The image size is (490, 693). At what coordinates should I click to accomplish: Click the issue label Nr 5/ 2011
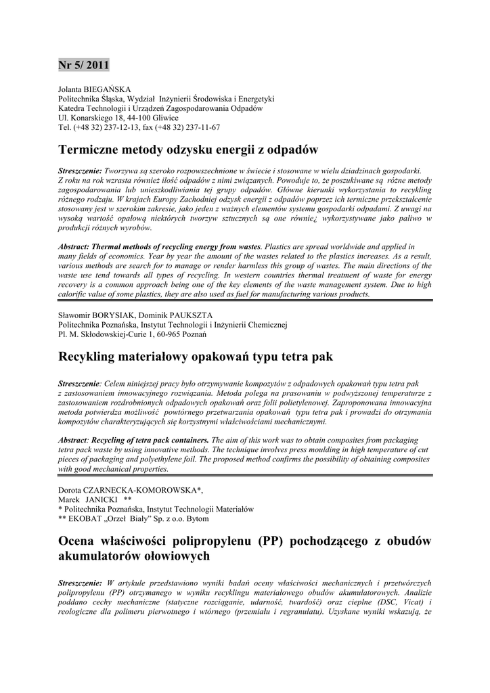point(83,66)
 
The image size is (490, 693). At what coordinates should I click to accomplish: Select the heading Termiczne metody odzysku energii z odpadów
point(188,149)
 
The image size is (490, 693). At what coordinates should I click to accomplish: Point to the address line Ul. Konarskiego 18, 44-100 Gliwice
point(118,118)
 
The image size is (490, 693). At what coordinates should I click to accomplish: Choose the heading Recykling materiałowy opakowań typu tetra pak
point(196,356)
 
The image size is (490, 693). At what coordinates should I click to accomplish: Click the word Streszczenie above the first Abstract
point(80,171)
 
